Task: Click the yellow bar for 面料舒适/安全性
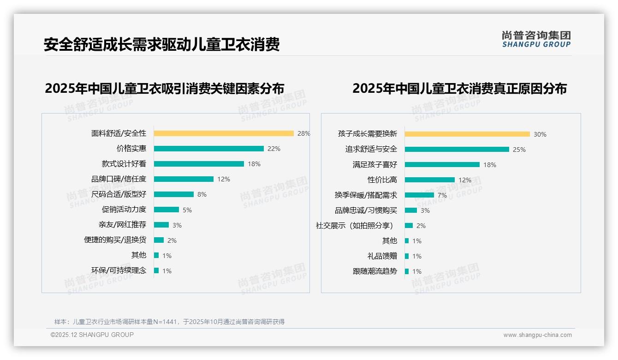click(224, 133)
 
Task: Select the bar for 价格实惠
click(208, 149)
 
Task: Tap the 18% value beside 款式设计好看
click(254, 164)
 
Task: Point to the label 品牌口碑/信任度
click(119, 179)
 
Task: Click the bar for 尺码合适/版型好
click(174, 194)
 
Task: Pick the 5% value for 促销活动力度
click(187, 210)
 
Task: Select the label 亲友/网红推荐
click(122, 225)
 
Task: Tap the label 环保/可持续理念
click(119, 270)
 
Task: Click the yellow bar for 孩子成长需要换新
click(467, 134)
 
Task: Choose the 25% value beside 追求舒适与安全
click(519, 150)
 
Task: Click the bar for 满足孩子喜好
click(442, 165)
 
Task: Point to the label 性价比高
click(382, 180)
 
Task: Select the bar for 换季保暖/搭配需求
click(419, 195)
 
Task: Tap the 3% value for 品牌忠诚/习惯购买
click(425, 210)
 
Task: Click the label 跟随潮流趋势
click(374, 271)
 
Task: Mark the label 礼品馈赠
click(382, 256)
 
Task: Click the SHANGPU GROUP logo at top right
click(536, 39)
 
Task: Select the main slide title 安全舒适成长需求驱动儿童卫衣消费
click(161, 45)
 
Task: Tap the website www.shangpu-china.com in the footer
click(537, 335)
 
